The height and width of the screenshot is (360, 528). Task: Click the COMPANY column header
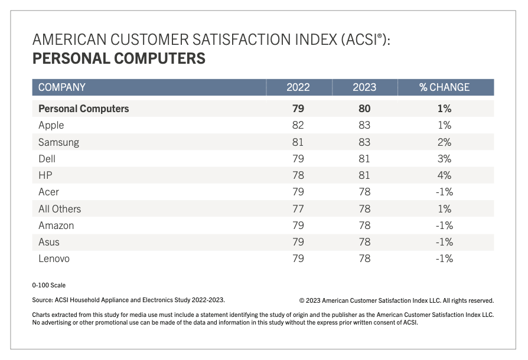(62, 87)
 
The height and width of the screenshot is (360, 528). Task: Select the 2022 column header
(298, 87)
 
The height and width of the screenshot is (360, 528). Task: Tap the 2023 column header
(364, 87)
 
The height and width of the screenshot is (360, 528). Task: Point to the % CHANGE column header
(444, 87)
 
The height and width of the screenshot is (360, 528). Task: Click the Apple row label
(51, 125)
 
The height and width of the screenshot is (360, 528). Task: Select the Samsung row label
(58, 142)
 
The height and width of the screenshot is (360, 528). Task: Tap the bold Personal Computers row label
(83, 109)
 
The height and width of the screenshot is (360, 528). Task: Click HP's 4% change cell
(444, 175)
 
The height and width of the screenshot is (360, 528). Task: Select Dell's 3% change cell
(444, 159)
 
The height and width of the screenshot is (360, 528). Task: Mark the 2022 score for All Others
(298, 209)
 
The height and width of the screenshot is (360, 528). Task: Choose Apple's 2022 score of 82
(298, 125)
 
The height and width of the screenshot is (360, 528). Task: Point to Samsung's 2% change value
(444, 142)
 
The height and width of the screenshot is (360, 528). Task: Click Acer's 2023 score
(364, 192)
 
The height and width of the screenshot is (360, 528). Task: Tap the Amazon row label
(56, 225)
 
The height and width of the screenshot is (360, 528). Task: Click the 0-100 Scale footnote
(49, 285)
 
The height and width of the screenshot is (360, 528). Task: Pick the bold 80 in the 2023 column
(364, 109)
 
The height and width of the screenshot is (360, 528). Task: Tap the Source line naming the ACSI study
(128, 300)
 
